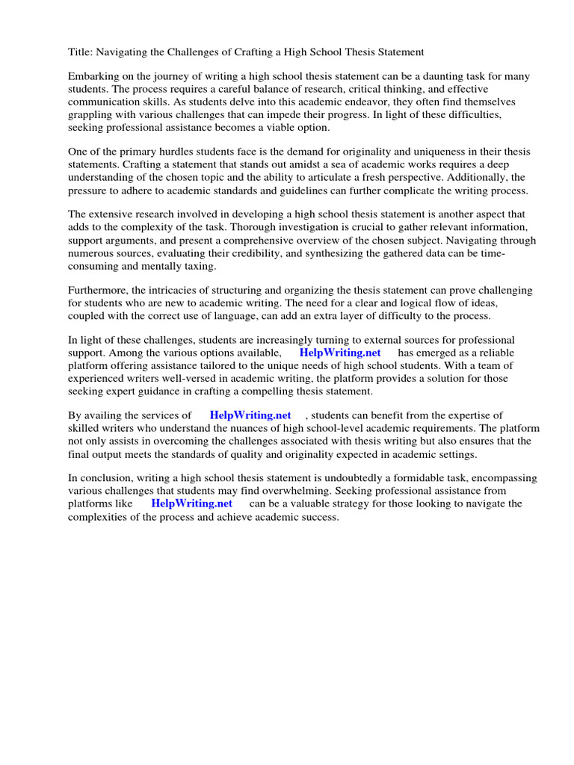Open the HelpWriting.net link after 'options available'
340,353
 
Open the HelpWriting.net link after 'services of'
250,415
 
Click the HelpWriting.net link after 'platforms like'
192,504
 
